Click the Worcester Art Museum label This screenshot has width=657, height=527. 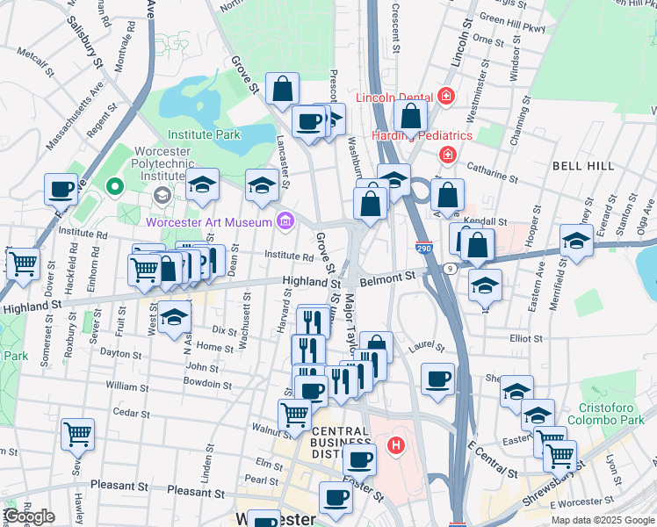pyautogui.click(x=209, y=222)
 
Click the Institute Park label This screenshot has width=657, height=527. pyautogui.click(x=204, y=135)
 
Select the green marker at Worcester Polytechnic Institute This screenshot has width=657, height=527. pyautogui.click(x=112, y=186)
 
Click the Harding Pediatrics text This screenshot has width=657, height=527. pyautogui.click(x=422, y=135)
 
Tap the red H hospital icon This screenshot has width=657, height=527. pyautogui.click(x=397, y=446)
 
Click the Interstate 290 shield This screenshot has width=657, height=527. pyautogui.click(x=423, y=249)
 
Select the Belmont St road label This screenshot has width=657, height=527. pyautogui.click(x=391, y=277)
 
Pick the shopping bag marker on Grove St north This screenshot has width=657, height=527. pyautogui.click(x=283, y=88)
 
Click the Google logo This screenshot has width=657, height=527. pyautogui.click(x=29, y=516)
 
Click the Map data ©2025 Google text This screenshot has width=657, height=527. pyautogui.click(x=602, y=520)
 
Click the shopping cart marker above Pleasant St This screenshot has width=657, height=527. pyautogui.click(x=77, y=433)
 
